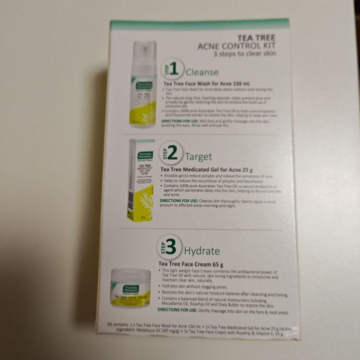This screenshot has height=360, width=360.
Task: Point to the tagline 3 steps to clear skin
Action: tap(245, 54)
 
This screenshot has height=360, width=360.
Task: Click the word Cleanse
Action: tap(202, 72)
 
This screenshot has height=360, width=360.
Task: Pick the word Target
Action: tap(198, 156)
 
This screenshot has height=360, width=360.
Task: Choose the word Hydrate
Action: tap(202, 251)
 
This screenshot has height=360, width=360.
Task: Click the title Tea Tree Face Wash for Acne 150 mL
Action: tap(207, 83)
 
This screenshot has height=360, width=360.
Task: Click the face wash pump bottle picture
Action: tap(143, 85)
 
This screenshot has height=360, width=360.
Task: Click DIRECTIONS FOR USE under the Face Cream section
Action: tap(177, 310)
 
